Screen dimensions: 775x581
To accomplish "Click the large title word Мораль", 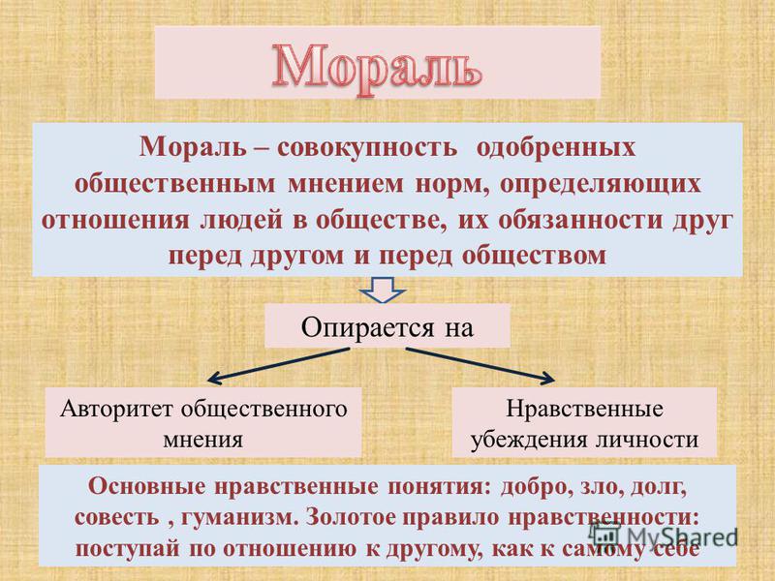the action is click(x=377, y=68).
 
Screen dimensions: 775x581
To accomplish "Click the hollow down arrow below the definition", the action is click(x=384, y=290).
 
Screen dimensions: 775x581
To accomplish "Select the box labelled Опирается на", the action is click(x=387, y=326).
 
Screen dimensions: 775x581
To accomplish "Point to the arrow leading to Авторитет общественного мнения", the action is click(x=278, y=365).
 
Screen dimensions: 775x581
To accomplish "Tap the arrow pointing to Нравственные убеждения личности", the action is click(x=480, y=365).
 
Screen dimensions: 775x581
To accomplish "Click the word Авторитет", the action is click(x=117, y=410).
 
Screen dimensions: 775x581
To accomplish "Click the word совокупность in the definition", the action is click(x=367, y=147).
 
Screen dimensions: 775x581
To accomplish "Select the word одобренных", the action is click(x=555, y=147).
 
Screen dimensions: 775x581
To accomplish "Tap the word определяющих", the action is click(x=600, y=184).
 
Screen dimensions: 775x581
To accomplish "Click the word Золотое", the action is click(x=351, y=517).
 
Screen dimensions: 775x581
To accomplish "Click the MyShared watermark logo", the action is click(x=665, y=535).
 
